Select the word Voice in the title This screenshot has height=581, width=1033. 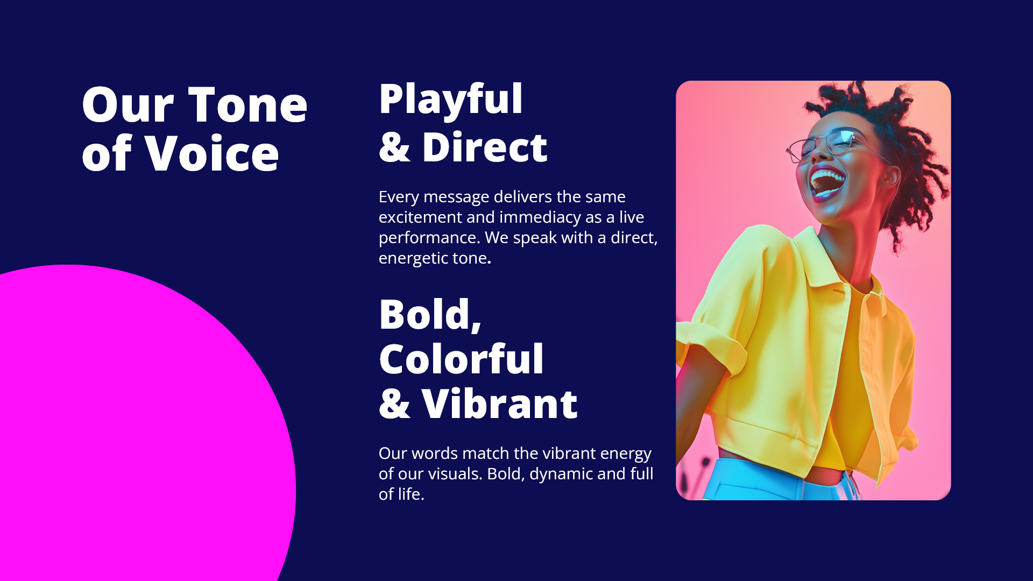(x=212, y=153)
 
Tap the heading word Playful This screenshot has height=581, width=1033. (x=451, y=101)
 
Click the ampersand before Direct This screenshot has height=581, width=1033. (x=394, y=147)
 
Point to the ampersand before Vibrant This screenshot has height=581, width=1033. (x=394, y=403)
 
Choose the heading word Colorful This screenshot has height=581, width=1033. (x=462, y=359)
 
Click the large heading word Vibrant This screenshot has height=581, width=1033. (x=500, y=403)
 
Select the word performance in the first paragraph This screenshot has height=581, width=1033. (x=429, y=238)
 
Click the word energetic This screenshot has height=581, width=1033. (x=413, y=259)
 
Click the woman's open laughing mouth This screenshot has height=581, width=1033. (x=827, y=183)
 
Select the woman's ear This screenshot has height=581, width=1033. (x=889, y=177)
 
